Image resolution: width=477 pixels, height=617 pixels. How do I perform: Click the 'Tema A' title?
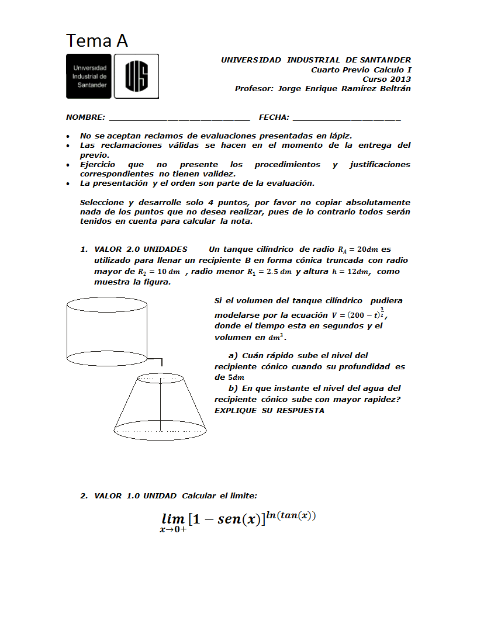pos(97,41)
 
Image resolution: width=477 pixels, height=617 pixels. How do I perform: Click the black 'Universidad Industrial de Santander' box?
pos(89,76)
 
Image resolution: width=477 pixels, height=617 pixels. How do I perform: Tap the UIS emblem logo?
pos(136,76)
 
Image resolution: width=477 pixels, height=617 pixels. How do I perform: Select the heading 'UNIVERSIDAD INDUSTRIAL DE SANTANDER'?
pos(316,60)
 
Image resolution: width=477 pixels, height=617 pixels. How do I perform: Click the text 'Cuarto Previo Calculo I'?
pos(361,70)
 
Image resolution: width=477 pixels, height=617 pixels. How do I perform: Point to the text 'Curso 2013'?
pos(386,79)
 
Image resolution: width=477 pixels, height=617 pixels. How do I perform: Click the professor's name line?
pos(323,89)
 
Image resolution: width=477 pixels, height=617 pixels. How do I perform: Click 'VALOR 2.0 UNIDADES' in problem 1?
pos(141,249)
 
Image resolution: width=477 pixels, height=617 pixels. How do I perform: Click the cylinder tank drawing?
pos(106,330)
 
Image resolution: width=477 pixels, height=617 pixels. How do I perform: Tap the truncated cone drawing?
pos(160,409)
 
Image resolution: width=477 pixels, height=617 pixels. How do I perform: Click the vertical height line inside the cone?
pos(161,403)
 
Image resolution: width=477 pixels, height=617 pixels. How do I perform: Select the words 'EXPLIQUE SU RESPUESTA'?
pos(269,410)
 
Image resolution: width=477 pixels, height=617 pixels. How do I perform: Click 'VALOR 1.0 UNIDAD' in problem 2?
pos(135,495)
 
